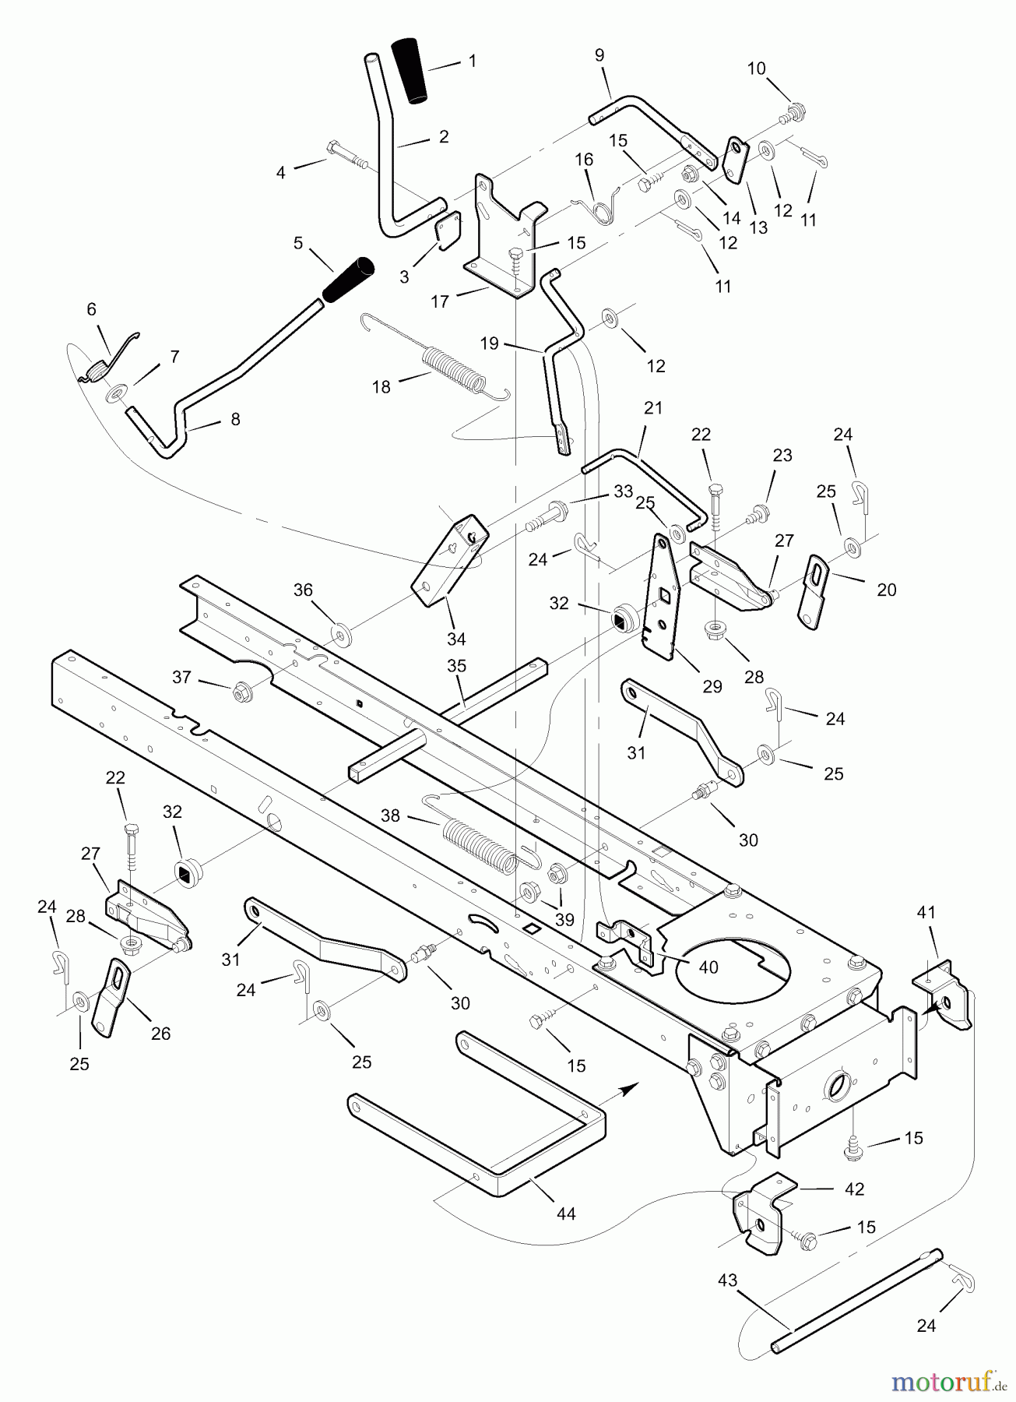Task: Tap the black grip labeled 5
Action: coord(347,280)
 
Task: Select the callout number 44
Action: coord(566,1214)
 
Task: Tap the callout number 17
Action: coord(441,301)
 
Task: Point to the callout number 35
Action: coord(456,665)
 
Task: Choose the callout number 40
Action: coord(708,968)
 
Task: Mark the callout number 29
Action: coord(712,686)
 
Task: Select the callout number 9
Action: coord(599,55)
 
